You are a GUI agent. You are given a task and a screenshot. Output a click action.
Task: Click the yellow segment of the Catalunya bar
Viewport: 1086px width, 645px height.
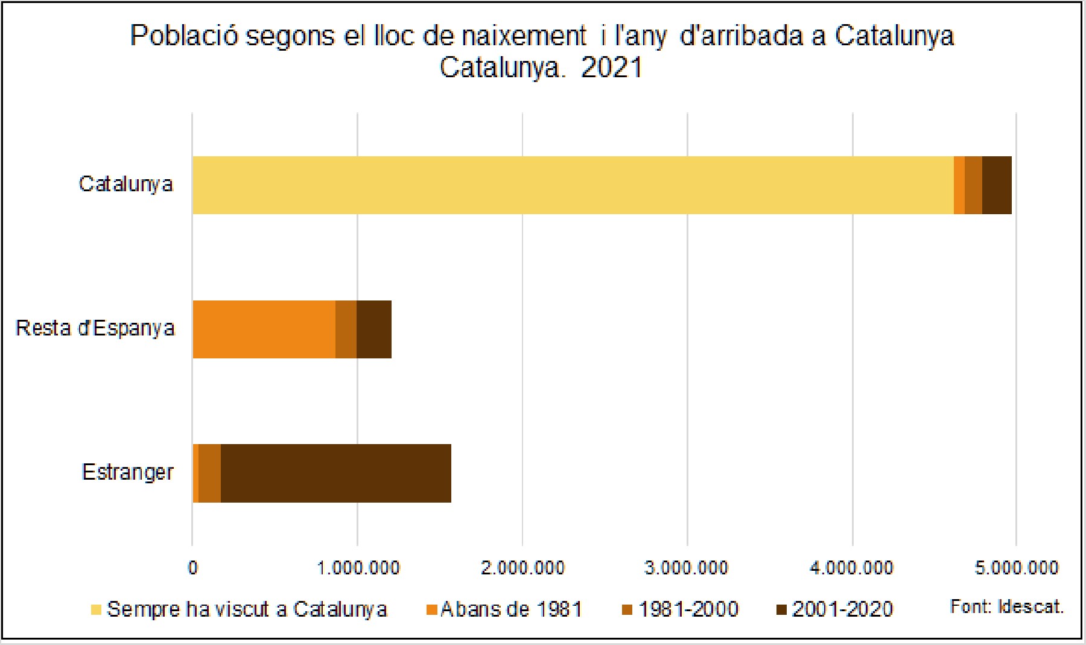573,185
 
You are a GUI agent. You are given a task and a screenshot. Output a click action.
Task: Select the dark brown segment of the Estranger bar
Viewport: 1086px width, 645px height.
335,473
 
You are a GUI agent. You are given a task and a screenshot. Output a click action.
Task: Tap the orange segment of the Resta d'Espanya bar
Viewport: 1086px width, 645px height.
264,329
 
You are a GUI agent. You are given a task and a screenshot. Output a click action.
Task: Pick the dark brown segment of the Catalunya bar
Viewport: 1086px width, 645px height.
997,185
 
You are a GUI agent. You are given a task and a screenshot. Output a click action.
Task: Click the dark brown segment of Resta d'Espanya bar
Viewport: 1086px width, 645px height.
374,329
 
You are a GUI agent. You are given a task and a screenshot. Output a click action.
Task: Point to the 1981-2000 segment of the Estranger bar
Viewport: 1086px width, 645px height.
209,473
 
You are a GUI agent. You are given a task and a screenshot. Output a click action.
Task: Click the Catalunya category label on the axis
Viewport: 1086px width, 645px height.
125,184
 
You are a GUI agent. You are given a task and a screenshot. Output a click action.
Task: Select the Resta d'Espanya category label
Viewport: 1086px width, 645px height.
95,328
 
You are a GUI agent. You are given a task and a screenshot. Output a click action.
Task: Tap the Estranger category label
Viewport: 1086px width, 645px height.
127,472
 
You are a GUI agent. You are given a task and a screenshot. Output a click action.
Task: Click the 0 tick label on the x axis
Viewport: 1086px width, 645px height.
192,568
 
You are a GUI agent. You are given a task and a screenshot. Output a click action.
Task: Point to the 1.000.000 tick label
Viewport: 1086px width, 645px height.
358,568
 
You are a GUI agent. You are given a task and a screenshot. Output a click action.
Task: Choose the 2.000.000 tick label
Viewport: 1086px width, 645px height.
522,568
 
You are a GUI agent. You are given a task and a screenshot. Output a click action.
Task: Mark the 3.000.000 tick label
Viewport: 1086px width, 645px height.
687,568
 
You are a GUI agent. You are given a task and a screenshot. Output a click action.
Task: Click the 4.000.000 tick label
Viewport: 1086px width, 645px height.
851,568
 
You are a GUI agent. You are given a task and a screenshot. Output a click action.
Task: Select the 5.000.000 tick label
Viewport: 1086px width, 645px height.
1017,568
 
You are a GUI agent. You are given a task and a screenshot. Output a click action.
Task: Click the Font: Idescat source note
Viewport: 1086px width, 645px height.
1006,606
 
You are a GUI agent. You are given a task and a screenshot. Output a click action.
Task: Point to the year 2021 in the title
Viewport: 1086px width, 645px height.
611,68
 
